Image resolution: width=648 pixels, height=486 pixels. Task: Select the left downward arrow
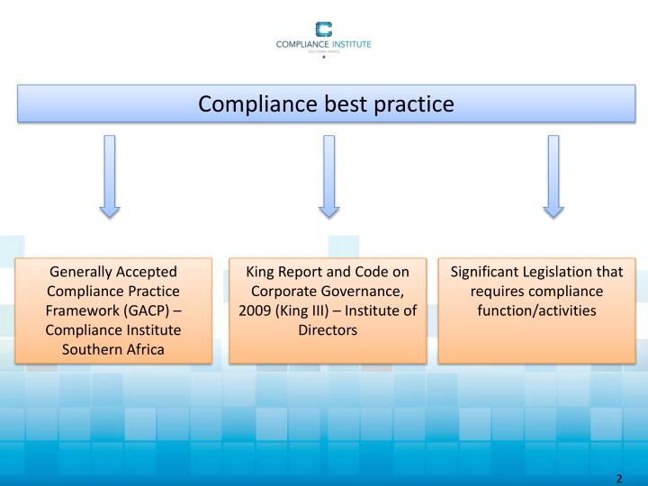point(110,176)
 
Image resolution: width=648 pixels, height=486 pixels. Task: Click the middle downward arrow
point(329,176)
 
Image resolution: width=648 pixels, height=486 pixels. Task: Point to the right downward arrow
point(553,176)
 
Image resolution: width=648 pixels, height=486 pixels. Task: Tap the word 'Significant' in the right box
point(487,272)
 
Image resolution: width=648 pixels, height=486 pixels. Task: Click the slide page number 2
point(620,477)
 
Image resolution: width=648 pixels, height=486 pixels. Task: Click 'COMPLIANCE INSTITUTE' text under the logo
point(324,44)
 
